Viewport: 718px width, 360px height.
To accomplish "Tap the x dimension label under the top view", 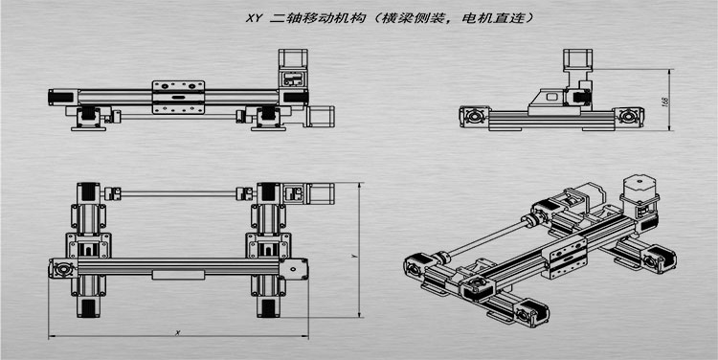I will click(x=179, y=331).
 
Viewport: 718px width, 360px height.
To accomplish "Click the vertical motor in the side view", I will click(x=576, y=66).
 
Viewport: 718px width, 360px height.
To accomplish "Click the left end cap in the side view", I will click(x=472, y=116).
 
